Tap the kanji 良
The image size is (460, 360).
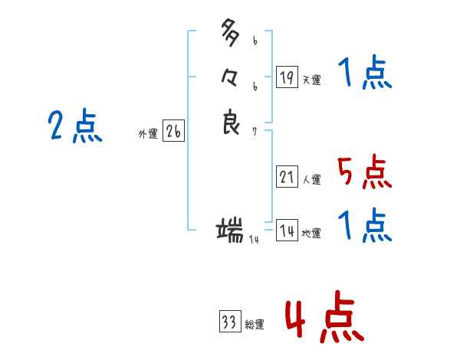[231, 122]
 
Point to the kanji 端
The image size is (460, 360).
[231, 229]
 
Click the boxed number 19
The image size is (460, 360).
[287, 77]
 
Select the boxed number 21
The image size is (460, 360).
[287, 178]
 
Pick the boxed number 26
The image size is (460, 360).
[173, 132]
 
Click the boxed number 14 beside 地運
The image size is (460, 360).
[287, 230]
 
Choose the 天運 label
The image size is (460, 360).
[311, 80]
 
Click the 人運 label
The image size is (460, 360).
[311, 180]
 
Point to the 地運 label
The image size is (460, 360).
[311, 233]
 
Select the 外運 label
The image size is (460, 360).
[148, 134]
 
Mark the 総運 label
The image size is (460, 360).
[255, 325]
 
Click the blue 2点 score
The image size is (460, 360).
[75, 126]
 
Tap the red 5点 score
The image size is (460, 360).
[364, 173]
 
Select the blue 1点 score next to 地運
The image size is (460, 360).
[364, 227]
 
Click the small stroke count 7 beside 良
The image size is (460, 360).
[255, 132]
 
